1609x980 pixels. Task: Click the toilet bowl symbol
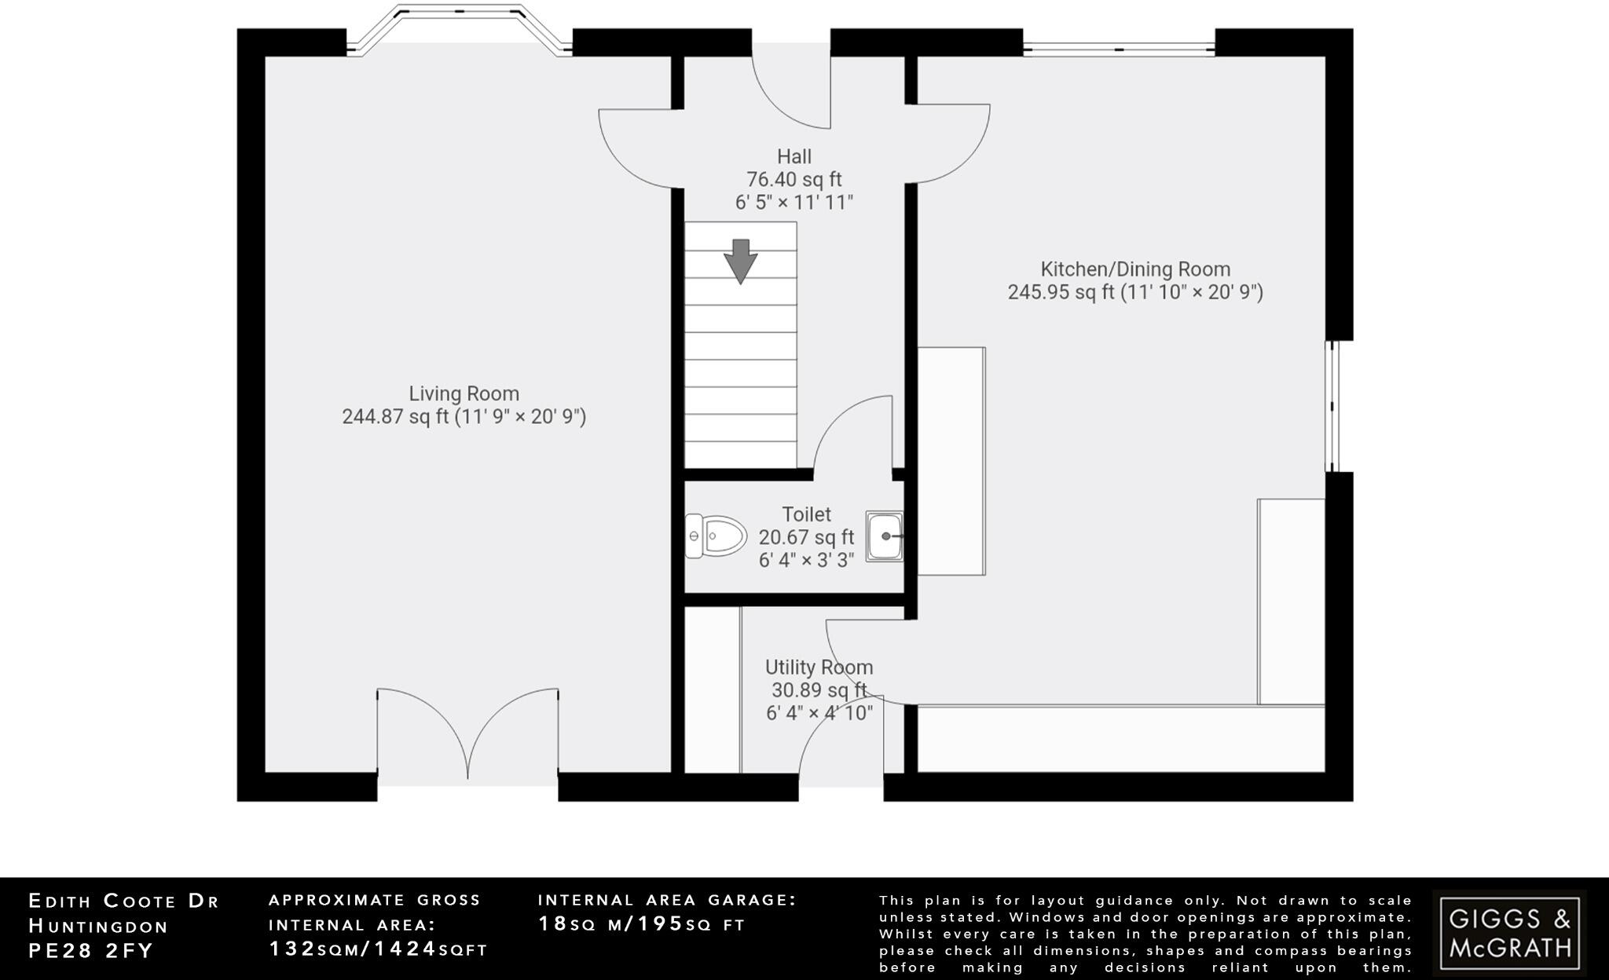click(716, 536)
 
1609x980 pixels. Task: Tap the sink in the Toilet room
click(885, 536)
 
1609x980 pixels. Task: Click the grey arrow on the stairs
click(740, 261)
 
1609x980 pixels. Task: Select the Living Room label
click(464, 393)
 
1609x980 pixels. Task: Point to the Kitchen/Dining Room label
click(1135, 269)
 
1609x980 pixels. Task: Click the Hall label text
click(794, 157)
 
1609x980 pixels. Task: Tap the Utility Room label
click(819, 667)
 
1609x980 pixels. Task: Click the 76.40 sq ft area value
click(794, 180)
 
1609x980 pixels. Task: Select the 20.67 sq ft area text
click(806, 537)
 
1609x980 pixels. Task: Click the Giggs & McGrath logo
click(1509, 932)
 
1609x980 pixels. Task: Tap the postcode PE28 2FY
click(91, 951)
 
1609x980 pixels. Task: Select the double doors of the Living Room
click(468, 734)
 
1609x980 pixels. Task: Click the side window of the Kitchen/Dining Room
click(1332, 406)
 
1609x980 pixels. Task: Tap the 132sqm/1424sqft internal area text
click(379, 949)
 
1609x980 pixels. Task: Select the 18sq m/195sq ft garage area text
click(641, 924)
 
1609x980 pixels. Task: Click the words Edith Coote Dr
click(124, 901)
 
